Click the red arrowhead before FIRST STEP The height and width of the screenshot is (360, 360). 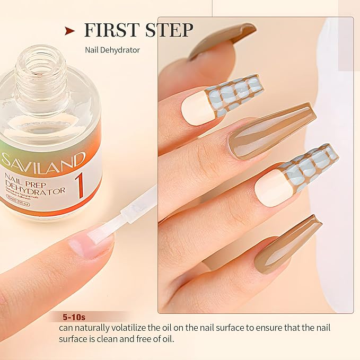click(x=69, y=31)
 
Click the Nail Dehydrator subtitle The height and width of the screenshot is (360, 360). click(x=112, y=51)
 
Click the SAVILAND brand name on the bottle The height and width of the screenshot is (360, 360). click(x=43, y=159)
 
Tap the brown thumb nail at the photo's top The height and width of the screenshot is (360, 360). click(x=223, y=40)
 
